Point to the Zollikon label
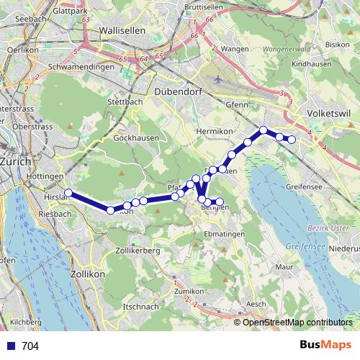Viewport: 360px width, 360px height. click(x=89, y=274)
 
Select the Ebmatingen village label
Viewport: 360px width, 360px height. click(x=224, y=235)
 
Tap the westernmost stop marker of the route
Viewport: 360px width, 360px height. click(x=68, y=192)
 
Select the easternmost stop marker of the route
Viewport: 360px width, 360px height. click(x=292, y=139)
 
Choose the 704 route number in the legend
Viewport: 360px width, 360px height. click(x=30, y=346)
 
